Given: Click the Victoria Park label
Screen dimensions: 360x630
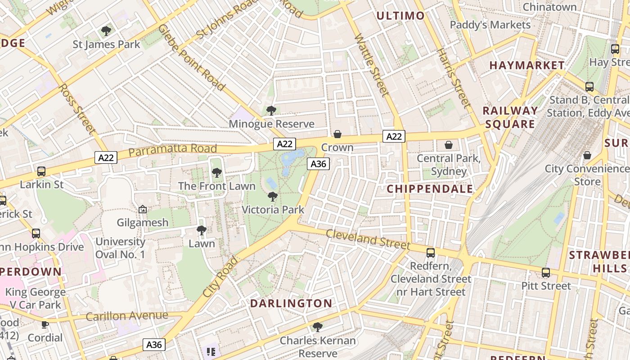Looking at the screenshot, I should click(x=273, y=210).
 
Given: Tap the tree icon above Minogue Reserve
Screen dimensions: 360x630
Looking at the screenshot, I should click(x=271, y=110).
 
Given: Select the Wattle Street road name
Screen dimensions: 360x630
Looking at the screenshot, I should click(x=371, y=65).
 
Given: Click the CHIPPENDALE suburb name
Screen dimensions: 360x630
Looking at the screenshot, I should click(x=430, y=189).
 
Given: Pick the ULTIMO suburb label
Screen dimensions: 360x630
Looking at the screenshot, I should click(x=400, y=16).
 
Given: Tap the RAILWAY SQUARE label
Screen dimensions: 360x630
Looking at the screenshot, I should click(x=510, y=117).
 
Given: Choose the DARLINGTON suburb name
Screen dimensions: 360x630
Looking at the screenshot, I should click(x=291, y=303).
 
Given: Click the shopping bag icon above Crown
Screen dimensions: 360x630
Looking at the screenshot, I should click(x=337, y=134).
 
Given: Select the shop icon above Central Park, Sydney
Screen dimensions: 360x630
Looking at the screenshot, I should click(x=448, y=145).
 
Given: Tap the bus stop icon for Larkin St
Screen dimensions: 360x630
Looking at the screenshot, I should click(x=41, y=171).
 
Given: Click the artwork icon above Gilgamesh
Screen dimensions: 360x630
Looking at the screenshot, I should click(x=143, y=209).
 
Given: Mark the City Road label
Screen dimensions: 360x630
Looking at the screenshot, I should click(x=220, y=277).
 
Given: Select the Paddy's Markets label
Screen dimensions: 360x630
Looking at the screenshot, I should click(x=490, y=25).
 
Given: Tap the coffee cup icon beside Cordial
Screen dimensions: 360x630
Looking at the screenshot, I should click(x=45, y=324).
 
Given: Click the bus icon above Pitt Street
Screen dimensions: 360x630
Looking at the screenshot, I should click(x=546, y=273).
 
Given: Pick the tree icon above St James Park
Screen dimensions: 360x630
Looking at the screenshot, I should click(x=106, y=31).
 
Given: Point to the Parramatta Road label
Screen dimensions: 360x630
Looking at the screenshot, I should click(x=172, y=150).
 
